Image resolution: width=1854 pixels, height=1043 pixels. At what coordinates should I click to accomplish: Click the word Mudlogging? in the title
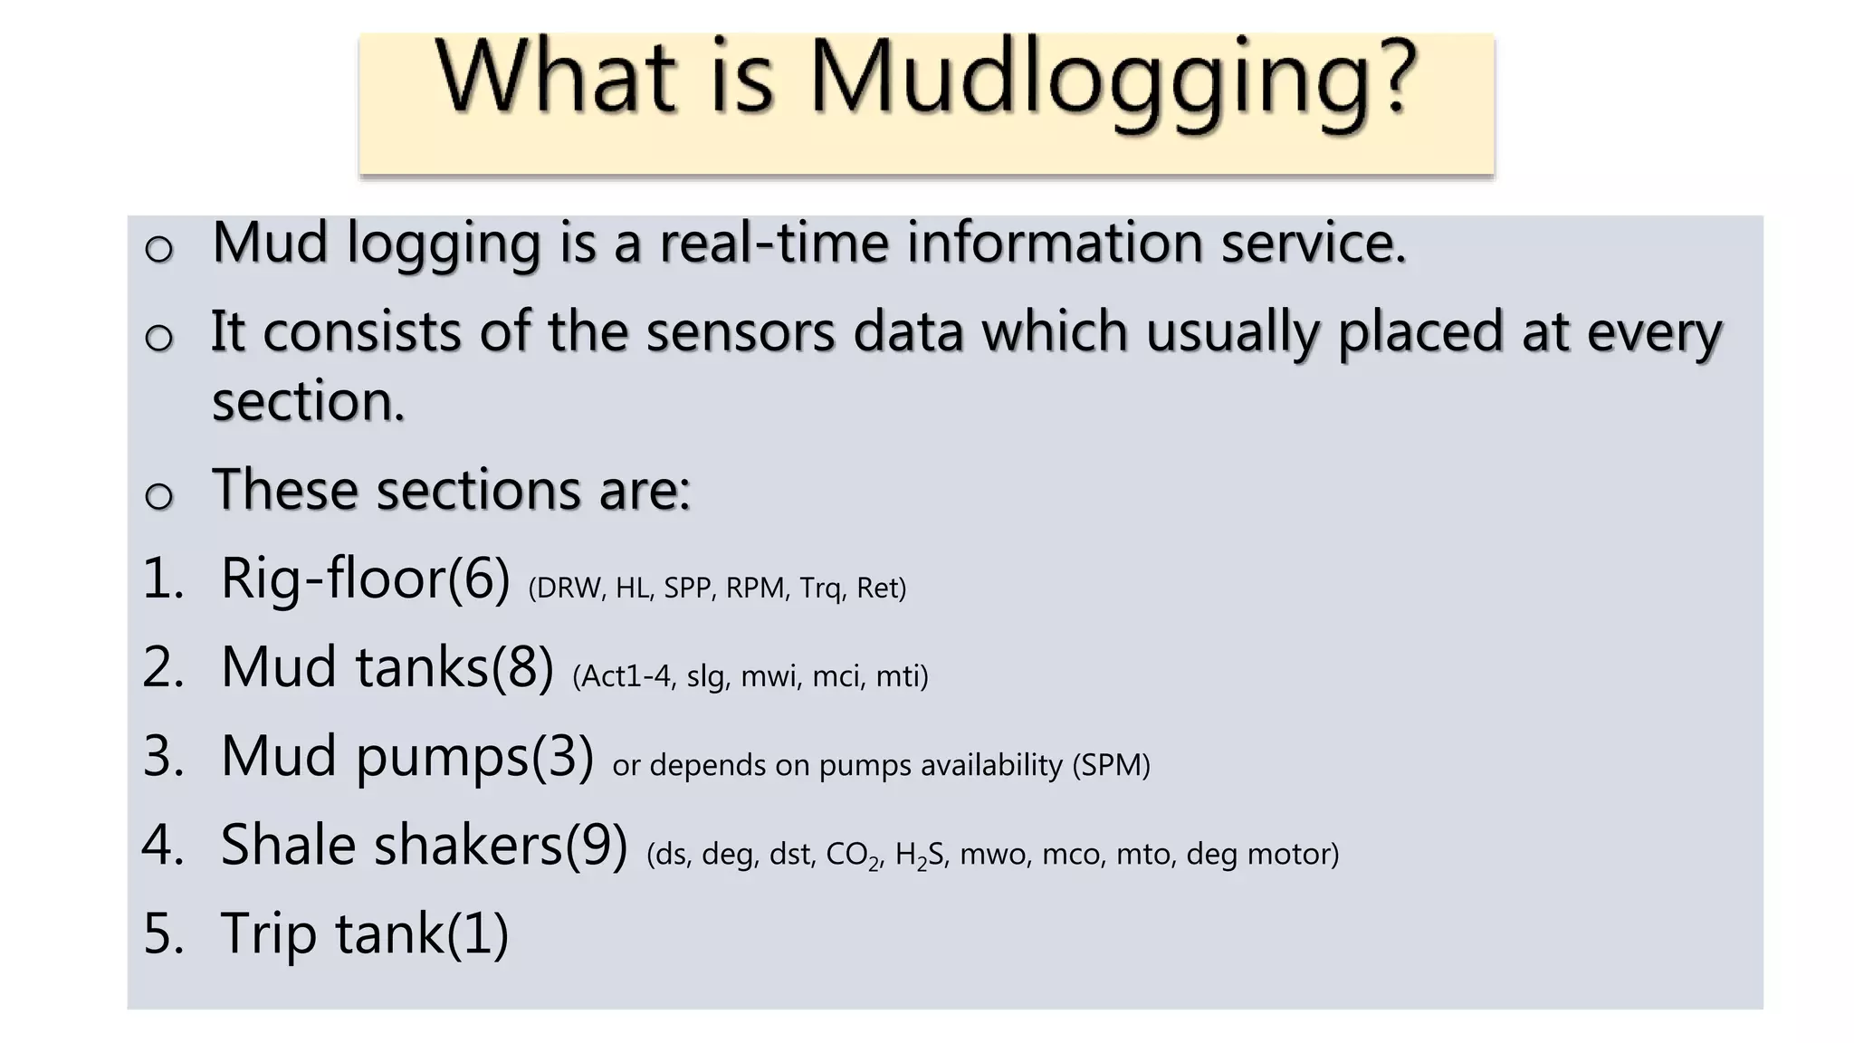click(x=1112, y=80)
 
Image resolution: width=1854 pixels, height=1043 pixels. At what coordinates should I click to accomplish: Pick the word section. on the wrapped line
click(x=308, y=401)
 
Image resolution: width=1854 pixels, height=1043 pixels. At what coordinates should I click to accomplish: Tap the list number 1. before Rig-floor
click(x=163, y=579)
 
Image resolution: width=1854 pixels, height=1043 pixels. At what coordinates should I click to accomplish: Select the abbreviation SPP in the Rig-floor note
click(x=686, y=588)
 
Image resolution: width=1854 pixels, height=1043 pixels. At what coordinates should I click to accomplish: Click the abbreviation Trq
click(x=820, y=588)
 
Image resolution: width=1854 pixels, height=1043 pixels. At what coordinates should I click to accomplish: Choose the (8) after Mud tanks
click(x=521, y=667)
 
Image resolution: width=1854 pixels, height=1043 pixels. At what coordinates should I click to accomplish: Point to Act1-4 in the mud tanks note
click(x=625, y=676)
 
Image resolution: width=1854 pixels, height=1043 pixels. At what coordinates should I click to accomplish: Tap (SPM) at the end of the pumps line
click(x=1111, y=766)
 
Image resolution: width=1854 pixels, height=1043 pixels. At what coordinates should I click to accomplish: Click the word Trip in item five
click(x=268, y=933)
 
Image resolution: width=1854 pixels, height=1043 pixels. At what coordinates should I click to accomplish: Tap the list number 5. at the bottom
click(x=163, y=933)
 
